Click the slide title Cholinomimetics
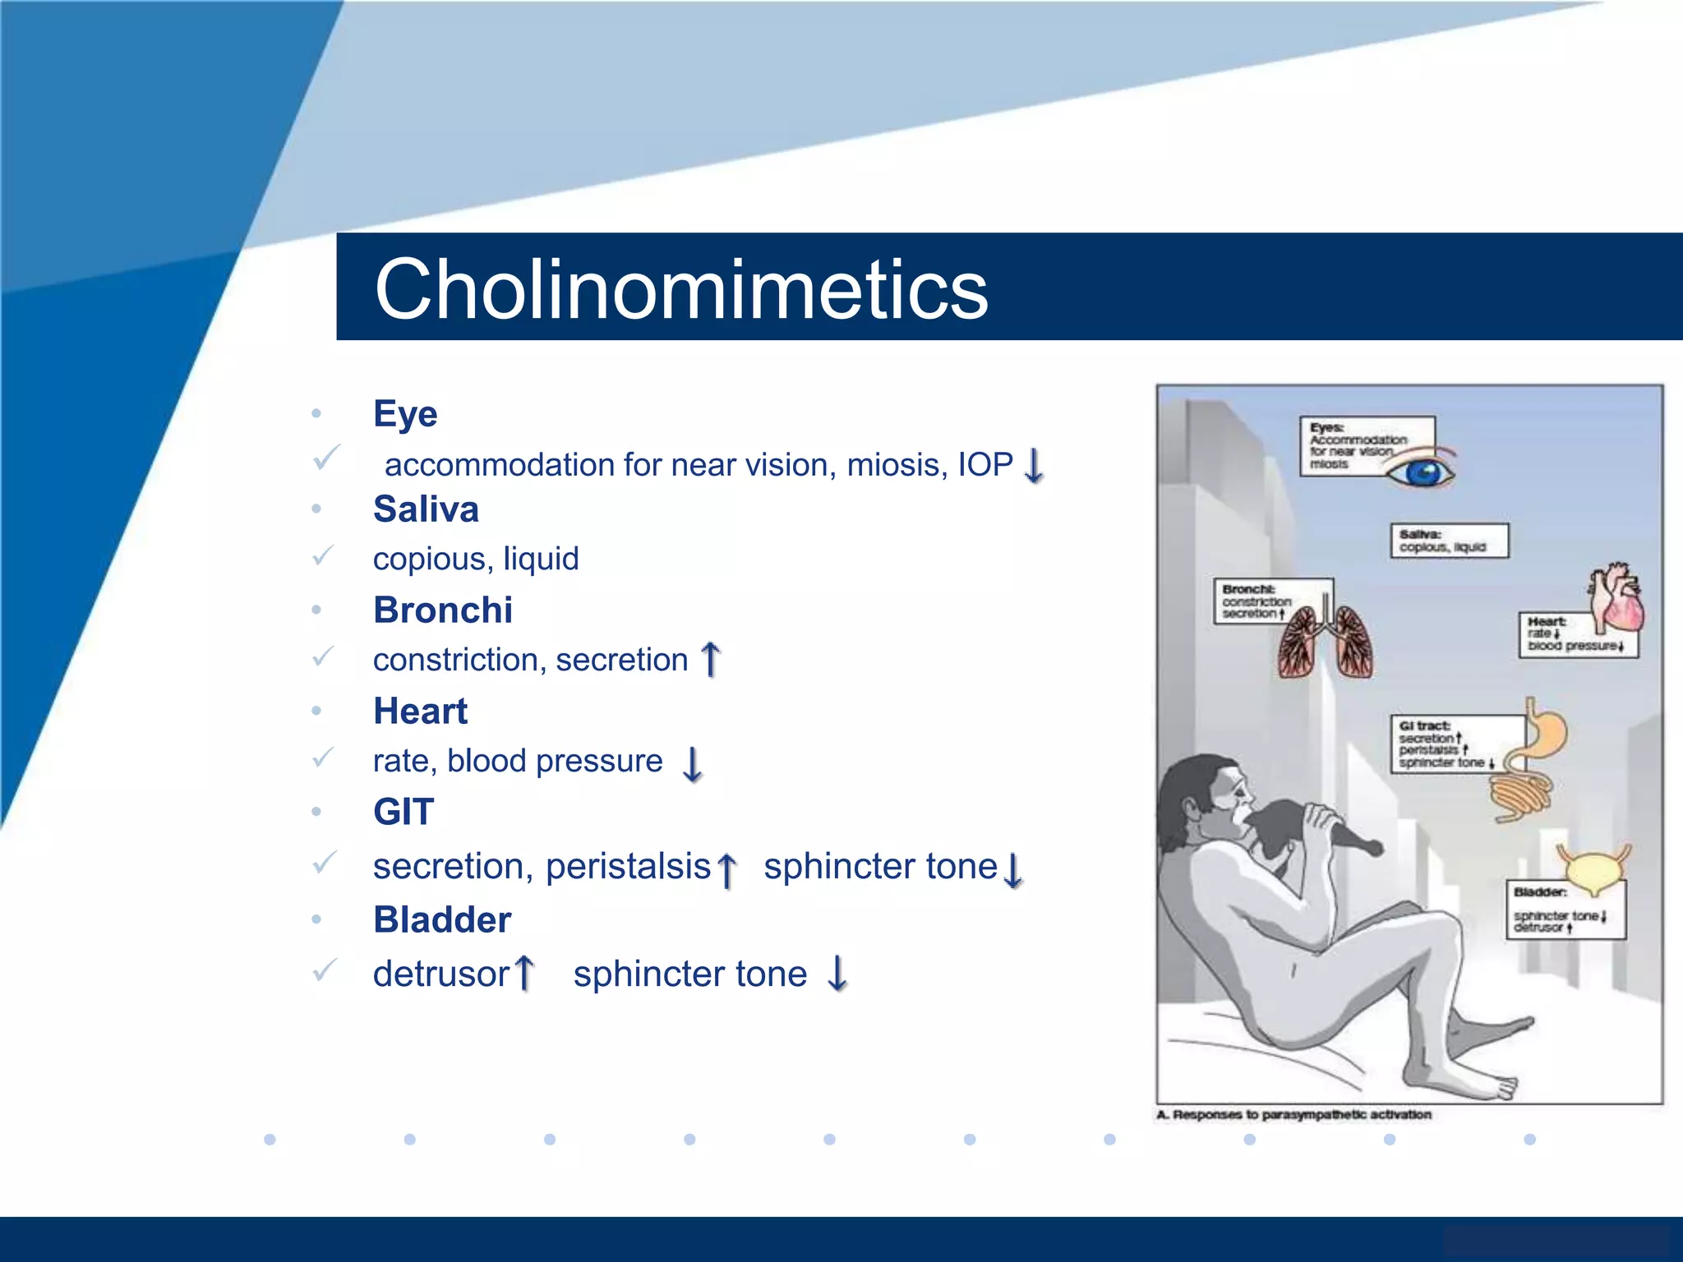coord(680,289)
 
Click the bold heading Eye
coord(405,413)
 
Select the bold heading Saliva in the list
coord(426,509)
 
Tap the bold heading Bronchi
coord(443,610)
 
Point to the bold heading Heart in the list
coord(420,712)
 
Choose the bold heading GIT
coord(403,812)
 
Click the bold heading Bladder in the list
coord(442,920)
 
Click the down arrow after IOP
coord(1035,466)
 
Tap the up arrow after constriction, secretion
coord(711,660)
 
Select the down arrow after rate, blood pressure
coord(693,763)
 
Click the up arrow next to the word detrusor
coord(524,974)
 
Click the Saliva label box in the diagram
coord(1449,541)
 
